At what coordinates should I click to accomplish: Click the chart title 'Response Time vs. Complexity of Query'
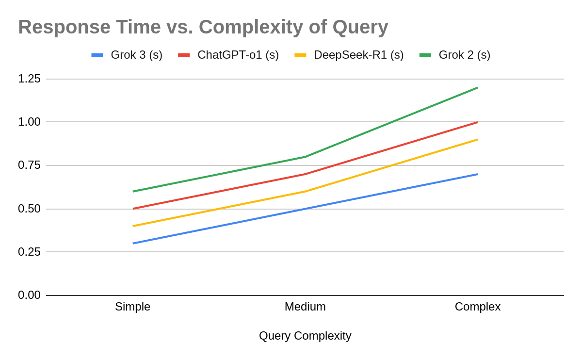click(203, 27)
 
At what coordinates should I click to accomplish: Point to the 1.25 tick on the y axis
click(29, 79)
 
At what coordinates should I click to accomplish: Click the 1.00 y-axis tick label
click(29, 122)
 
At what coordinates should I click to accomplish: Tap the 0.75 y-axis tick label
click(29, 165)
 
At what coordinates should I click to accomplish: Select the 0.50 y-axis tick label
click(29, 209)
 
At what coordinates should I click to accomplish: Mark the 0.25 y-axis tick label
click(29, 252)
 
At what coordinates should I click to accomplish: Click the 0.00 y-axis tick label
click(29, 295)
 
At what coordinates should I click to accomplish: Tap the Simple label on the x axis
click(132, 307)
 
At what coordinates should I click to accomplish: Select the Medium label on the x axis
click(305, 307)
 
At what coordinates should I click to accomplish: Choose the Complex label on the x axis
click(477, 307)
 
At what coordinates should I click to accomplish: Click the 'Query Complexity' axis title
click(305, 336)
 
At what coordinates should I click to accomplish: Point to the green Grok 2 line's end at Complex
click(477, 88)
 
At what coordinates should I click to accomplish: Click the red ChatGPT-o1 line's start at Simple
click(133, 209)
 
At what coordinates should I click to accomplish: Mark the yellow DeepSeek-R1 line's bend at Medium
click(305, 191)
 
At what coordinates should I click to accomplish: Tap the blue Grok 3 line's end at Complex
click(477, 174)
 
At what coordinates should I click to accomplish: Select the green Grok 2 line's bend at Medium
click(305, 157)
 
